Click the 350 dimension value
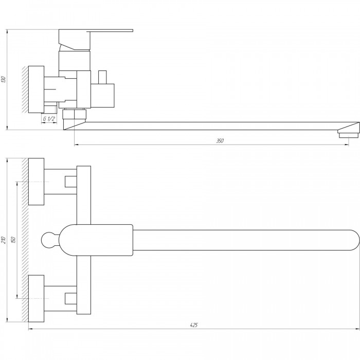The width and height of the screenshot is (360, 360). coord(220,141)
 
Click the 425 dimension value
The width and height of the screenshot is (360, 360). coord(194,325)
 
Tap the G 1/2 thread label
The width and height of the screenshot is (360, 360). coord(49,119)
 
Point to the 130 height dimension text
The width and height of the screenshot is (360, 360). coord(3,79)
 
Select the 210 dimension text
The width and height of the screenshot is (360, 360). coord(3,240)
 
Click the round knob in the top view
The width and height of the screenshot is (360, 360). coord(49,240)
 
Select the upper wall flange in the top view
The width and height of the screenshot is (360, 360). coord(37,182)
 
